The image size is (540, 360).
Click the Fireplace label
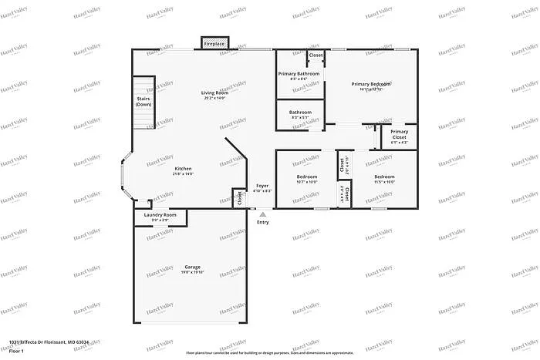pyautogui.click(x=214, y=45)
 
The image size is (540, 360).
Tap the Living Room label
pyautogui.click(x=215, y=93)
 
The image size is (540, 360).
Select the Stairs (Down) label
pyautogui.click(x=143, y=101)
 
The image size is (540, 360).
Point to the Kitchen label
pyautogui.click(x=183, y=169)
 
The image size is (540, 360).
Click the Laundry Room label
pyautogui.click(x=160, y=215)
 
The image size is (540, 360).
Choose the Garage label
pyautogui.click(x=192, y=267)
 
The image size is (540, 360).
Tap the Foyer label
pyautogui.click(x=262, y=186)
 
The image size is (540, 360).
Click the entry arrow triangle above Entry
pyautogui.click(x=263, y=214)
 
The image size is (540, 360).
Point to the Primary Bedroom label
pyautogui.click(x=370, y=83)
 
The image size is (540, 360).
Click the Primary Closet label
pyautogui.click(x=400, y=134)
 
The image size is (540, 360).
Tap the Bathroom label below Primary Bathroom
pyautogui.click(x=300, y=113)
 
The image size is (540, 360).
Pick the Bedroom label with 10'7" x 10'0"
pyautogui.click(x=307, y=177)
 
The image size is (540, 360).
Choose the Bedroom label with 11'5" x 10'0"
pyautogui.click(x=384, y=177)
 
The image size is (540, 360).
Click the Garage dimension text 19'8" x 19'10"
pyautogui.click(x=192, y=273)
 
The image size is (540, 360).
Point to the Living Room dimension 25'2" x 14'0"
pyautogui.click(x=215, y=98)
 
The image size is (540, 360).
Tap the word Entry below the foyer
pyautogui.click(x=263, y=222)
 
